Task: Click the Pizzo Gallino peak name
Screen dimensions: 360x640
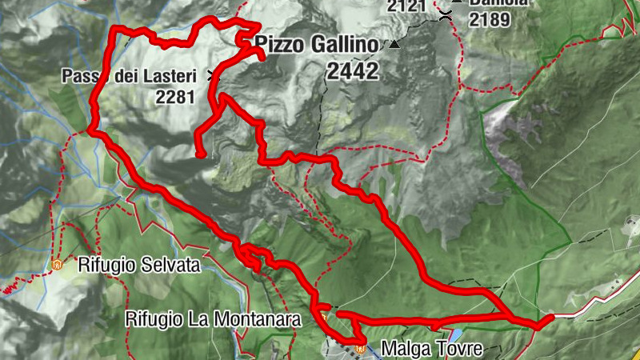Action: coord(316,46)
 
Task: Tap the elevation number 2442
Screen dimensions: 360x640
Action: coord(352,72)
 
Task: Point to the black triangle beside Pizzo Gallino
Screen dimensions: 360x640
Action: coord(393,45)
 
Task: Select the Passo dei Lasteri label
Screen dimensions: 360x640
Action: coord(133,78)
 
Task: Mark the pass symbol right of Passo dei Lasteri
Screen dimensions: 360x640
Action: coord(212,76)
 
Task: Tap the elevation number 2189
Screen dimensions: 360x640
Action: coord(490,19)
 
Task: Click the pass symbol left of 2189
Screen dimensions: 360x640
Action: coord(445,14)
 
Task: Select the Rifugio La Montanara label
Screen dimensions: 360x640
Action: coord(212,319)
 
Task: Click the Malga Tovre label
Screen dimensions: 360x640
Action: coord(432,349)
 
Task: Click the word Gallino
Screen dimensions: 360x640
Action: coord(341,46)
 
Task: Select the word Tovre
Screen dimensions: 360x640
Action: coord(462,349)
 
